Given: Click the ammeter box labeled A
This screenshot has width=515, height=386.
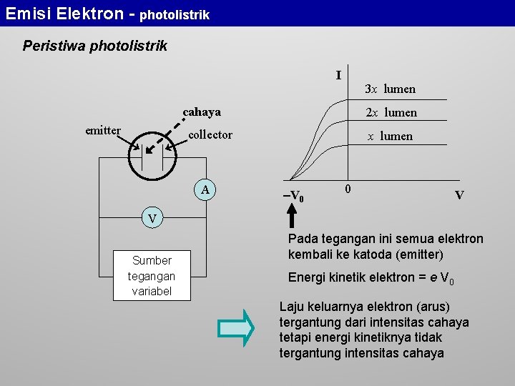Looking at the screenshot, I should click(206, 189).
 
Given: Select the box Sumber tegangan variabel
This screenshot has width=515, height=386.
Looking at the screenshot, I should click(152, 276).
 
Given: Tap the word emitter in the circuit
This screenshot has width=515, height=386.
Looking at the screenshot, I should click(103, 130).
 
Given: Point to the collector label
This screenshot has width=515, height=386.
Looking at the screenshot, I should click(210, 134).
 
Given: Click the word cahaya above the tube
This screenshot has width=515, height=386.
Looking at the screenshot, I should click(202, 112).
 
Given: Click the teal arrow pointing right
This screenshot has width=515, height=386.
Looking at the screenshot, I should click(236, 328).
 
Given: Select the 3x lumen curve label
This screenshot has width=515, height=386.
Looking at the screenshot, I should click(390, 89).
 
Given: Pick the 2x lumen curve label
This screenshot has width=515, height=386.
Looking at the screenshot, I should click(391, 113).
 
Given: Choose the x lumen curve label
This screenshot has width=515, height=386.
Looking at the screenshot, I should click(390, 136).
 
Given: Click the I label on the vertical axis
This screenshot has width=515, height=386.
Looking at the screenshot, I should click(338, 75).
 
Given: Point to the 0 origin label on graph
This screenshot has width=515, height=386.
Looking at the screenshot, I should click(347, 189).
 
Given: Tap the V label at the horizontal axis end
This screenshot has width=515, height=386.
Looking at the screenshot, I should click(459, 195).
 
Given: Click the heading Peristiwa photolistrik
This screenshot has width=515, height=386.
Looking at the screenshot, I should click(95, 46).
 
